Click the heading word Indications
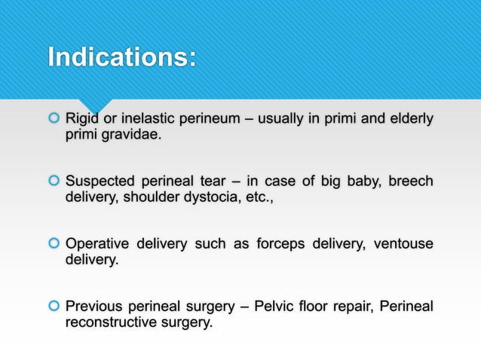click(x=121, y=57)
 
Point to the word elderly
click(x=409, y=118)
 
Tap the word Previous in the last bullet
click(x=94, y=306)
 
